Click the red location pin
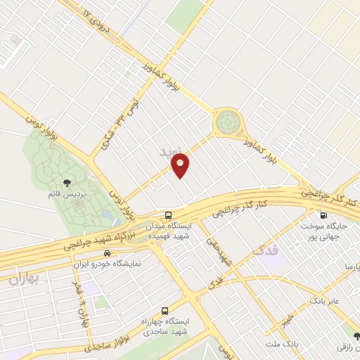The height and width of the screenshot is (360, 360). coord(180,165)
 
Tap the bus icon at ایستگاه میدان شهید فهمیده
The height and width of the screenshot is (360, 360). coord(168,214)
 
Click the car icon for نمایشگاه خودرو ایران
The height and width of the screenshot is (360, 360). coord(106,253)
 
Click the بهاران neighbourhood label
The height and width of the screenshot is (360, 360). coord(25,279)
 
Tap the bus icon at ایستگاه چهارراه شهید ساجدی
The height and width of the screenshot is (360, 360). coord(165,310)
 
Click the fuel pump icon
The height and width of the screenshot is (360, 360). coord(323,216)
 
